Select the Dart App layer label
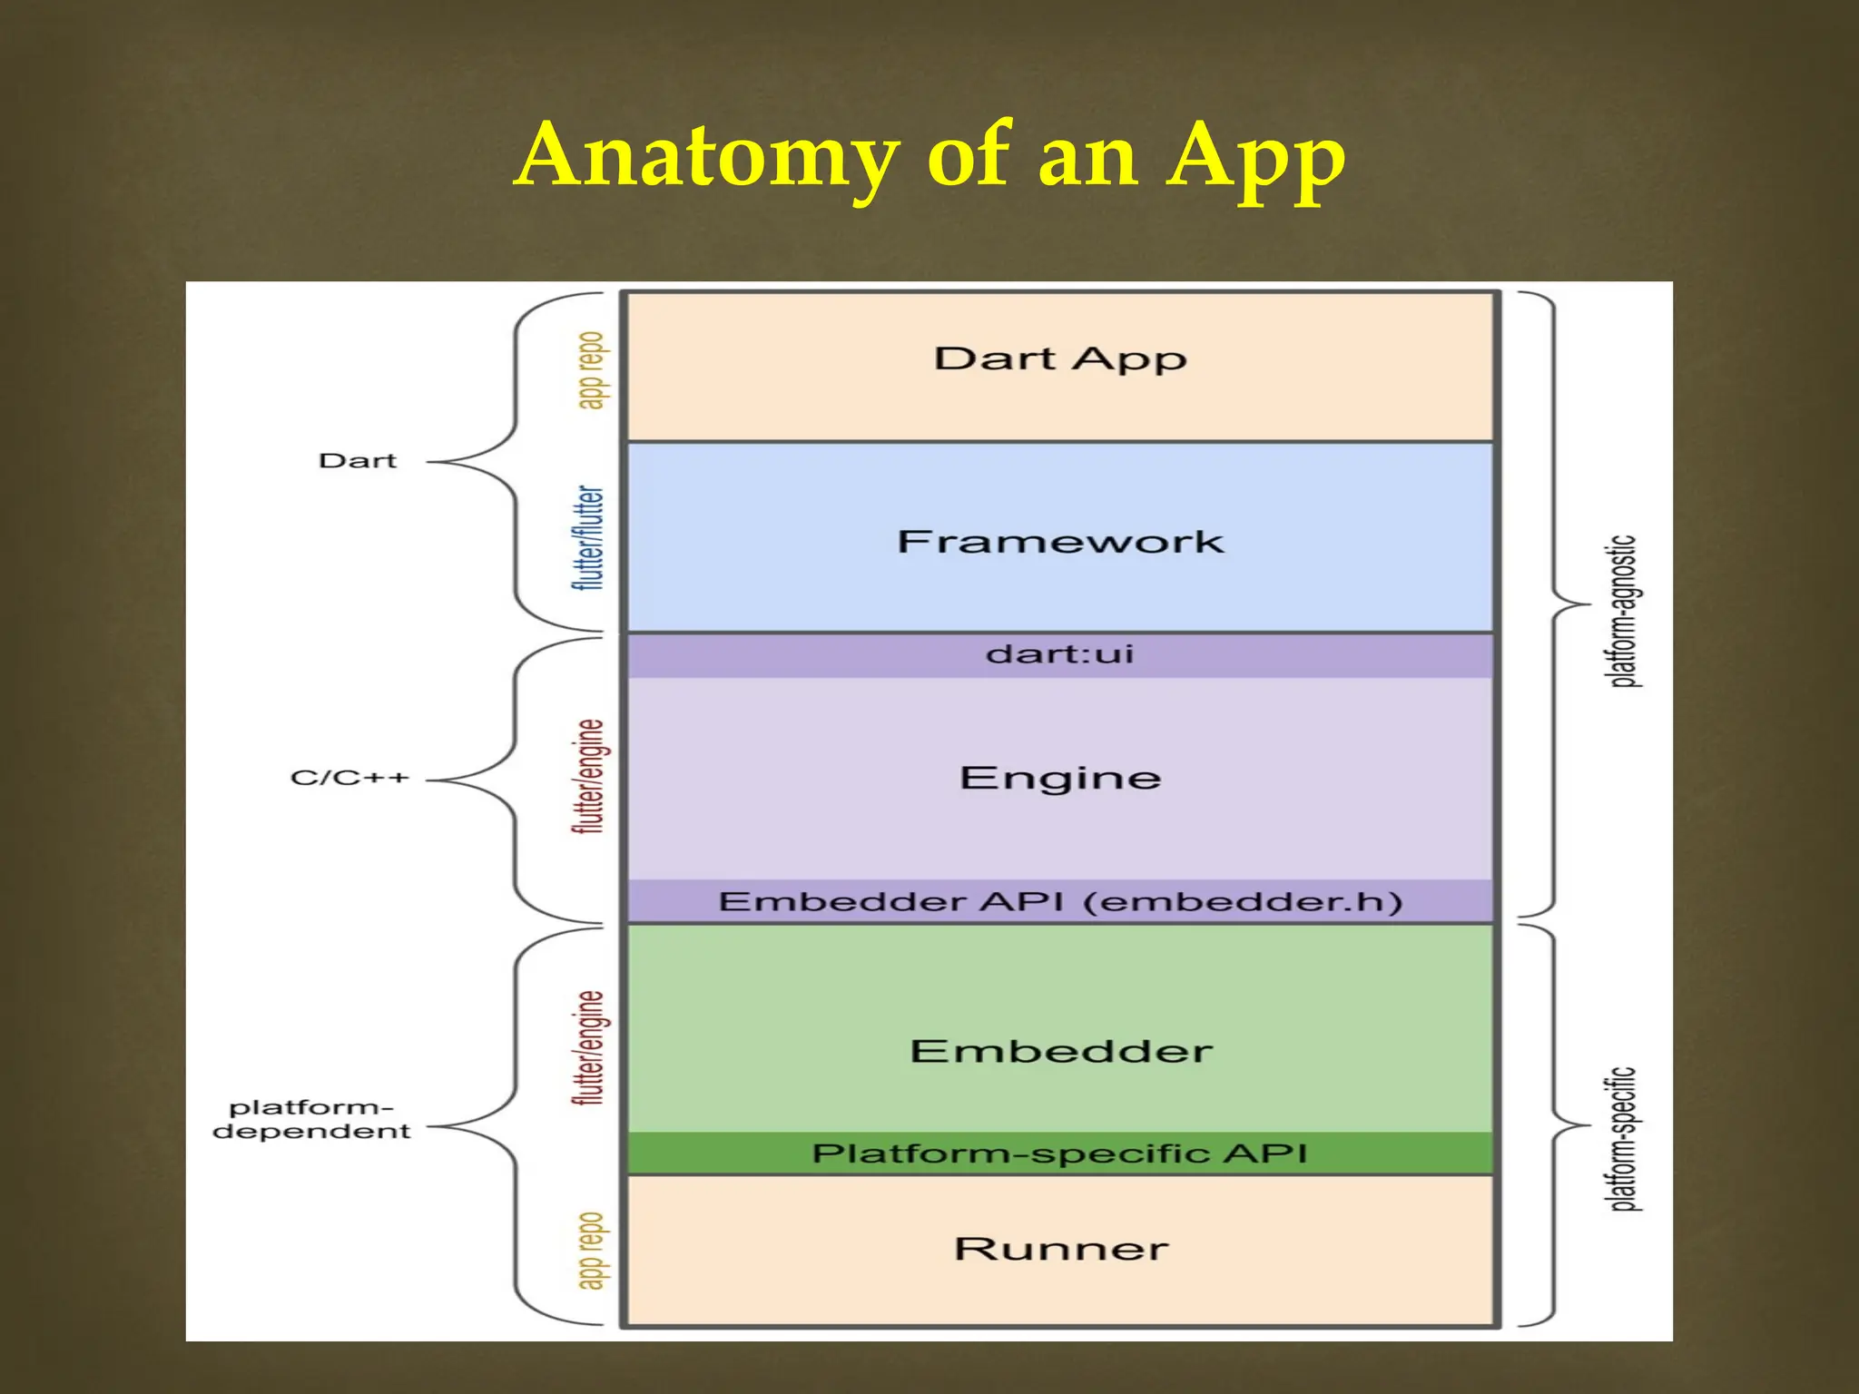(x=1060, y=358)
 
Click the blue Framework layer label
(x=1060, y=542)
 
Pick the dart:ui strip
(x=1060, y=654)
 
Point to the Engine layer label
(x=1060, y=778)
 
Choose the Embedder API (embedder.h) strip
(x=1060, y=901)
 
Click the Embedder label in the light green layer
(x=1060, y=1051)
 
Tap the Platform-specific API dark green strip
(x=1060, y=1153)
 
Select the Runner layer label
(x=1060, y=1249)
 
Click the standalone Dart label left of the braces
(x=358, y=461)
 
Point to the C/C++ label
(x=349, y=778)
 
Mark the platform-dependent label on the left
(x=311, y=1119)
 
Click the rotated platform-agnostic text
(x=1624, y=611)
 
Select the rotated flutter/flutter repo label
(x=589, y=537)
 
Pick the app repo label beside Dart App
(x=591, y=370)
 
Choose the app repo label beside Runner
(x=591, y=1250)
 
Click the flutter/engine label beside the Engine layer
(x=590, y=776)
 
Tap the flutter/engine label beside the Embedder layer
(x=590, y=1047)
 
